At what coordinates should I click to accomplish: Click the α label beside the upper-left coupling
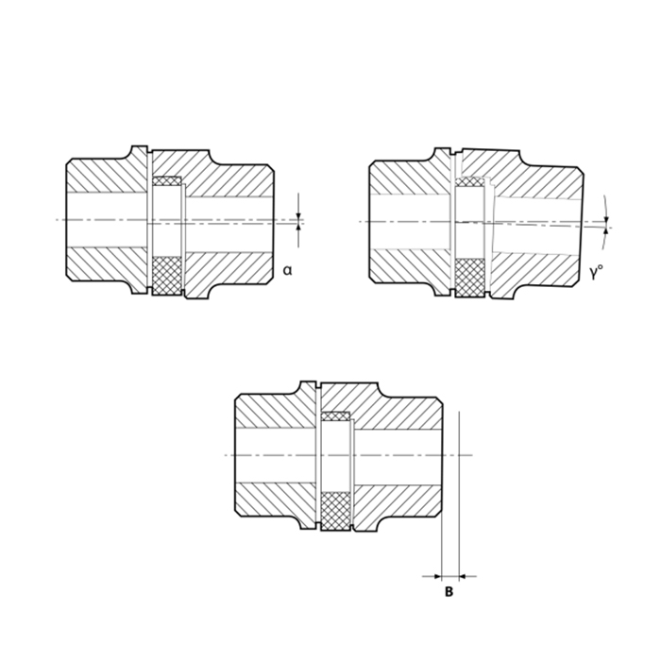287,270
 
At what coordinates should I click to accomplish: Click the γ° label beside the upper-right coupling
596,273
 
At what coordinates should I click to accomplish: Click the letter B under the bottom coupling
449,592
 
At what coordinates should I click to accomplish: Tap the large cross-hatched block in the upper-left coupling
167,276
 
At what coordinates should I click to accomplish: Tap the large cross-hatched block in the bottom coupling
335,511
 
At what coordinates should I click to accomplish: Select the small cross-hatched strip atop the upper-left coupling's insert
167,181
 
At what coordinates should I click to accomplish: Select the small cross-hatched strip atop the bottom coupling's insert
335,416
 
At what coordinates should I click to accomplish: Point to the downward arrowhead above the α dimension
298,216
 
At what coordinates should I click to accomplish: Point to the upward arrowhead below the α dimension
298,228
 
